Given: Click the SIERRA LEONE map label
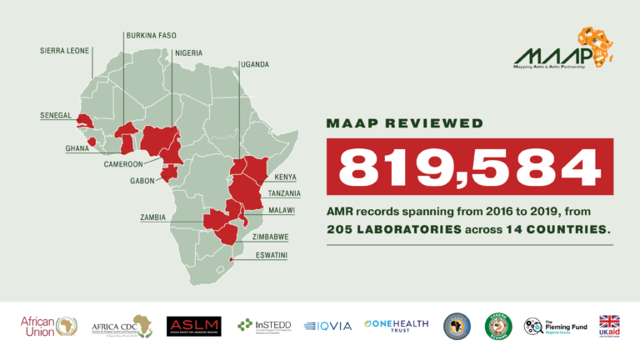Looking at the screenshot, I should (66, 51).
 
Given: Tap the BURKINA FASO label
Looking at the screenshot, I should (151, 36).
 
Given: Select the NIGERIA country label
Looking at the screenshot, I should (187, 52).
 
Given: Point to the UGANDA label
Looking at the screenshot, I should (253, 64).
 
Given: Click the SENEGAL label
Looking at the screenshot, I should (56, 115).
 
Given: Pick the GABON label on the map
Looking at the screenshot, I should (143, 180).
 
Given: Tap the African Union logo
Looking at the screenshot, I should (50, 326).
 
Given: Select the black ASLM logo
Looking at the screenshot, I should (193, 326).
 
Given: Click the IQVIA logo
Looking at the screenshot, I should (327, 326).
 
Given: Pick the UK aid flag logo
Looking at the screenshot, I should (610, 326).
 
